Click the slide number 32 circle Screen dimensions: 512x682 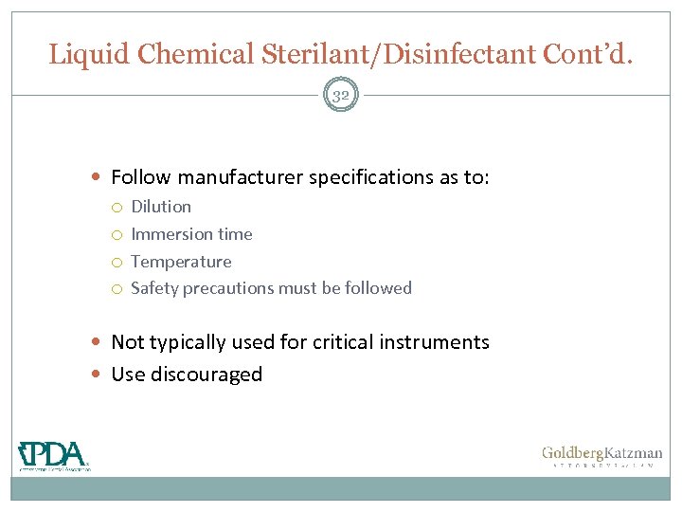click(x=341, y=95)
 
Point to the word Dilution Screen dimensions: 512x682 click(x=161, y=207)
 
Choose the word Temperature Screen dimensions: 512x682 click(x=181, y=262)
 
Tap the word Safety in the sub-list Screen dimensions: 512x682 click(x=153, y=288)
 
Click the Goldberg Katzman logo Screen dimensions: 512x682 click(x=601, y=456)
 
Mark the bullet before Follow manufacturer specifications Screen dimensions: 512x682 click(x=100, y=177)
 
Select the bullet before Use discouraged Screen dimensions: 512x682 click(x=100, y=375)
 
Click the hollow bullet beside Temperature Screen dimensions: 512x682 click(x=118, y=263)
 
